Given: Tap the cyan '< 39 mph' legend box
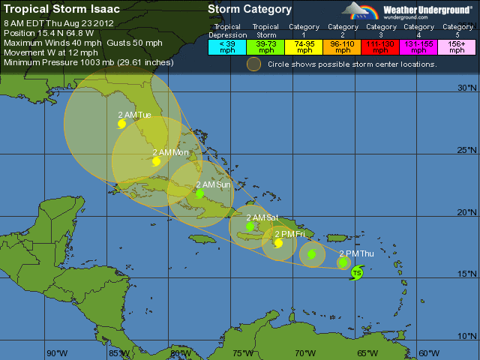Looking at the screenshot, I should pos(226,46).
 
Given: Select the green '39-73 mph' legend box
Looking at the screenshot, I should pos(265,46).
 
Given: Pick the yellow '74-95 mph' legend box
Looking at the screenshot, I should pos(304,46).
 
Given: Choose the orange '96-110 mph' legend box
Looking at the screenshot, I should pos(343,46).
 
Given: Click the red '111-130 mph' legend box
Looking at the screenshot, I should pos(381,46).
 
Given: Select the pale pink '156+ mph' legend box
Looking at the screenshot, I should pos(457,46).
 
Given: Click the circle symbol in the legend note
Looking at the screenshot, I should pos(254,64).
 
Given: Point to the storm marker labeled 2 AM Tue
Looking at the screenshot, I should pos(122,124).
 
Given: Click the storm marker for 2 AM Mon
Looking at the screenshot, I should pos(156,161).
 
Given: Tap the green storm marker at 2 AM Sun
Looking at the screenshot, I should pos(199,193).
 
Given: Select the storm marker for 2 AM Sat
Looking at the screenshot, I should pos(250,226).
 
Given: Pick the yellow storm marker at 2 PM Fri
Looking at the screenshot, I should pos(278,243).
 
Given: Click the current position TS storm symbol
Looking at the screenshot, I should pos(357,273).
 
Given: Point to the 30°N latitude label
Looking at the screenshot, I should pos(467,88).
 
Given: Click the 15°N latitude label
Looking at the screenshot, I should pos(467,274).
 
